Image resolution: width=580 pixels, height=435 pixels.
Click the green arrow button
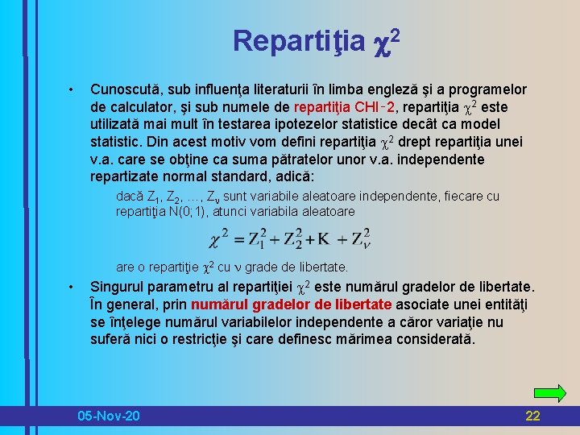pos(550,393)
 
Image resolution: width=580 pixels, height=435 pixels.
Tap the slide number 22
pos(532,416)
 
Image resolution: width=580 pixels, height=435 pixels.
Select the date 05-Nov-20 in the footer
pos(108,416)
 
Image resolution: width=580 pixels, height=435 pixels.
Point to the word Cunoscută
pos(126,89)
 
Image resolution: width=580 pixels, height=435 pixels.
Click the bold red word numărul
pos(219,304)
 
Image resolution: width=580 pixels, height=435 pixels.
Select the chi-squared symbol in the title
pos(383,40)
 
